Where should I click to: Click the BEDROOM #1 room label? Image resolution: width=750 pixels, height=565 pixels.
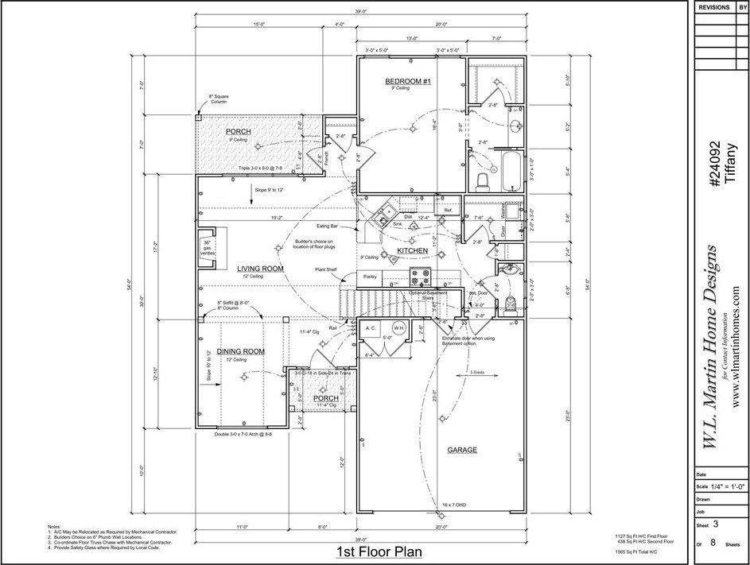pyautogui.click(x=407, y=81)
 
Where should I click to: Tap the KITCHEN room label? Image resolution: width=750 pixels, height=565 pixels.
pyautogui.click(x=414, y=251)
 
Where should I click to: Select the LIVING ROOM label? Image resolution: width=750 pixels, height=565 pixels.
pyautogui.click(x=260, y=269)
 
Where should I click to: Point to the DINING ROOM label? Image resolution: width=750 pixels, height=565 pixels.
pyautogui.click(x=241, y=351)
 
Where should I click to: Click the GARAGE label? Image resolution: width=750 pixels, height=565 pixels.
pyautogui.click(x=462, y=450)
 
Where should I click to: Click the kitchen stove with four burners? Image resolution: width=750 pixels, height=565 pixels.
pyautogui.click(x=420, y=277)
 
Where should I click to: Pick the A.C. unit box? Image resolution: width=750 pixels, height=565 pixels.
pyautogui.click(x=371, y=327)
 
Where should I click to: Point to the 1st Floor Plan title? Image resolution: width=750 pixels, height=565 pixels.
pyautogui.click(x=377, y=551)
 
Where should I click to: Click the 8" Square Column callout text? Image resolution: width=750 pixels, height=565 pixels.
pyautogui.click(x=218, y=99)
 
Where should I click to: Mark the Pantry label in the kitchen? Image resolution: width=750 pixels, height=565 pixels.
pyautogui.click(x=370, y=277)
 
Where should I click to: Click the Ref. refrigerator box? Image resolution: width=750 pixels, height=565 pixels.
pyautogui.click(x=448, y=210)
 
